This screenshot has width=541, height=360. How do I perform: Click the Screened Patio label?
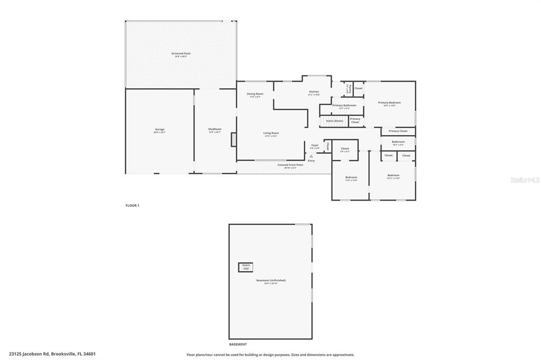pos(181,53)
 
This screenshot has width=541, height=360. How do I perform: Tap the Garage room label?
pos(160,129)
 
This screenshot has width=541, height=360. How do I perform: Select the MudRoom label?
pos(214,129)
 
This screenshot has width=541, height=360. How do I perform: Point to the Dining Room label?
pos(255,94)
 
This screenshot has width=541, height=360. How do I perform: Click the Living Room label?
pos(271,133)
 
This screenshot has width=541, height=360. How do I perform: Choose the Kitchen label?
pos(314,92)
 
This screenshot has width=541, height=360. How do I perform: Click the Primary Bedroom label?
pos(389,102)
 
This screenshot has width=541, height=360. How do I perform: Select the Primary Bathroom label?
pos(344,106)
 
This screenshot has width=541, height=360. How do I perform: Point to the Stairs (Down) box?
pos(334,121)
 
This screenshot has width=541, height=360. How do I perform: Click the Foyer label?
pos(315,145)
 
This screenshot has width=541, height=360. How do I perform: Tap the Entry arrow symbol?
pos(311,156)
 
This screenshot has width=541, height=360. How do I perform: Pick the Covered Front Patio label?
pos(291,165)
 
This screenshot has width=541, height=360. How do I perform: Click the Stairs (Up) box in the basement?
pos(246,267)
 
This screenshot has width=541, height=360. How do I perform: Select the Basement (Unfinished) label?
pos(271,280)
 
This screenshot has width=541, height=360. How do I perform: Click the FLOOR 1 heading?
pos(132,205)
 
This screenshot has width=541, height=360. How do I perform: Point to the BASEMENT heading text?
pos(238,344)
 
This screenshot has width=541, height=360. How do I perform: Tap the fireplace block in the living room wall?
pos(234,139)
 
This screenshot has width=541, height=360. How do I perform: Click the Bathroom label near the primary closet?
pos(398,141)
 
